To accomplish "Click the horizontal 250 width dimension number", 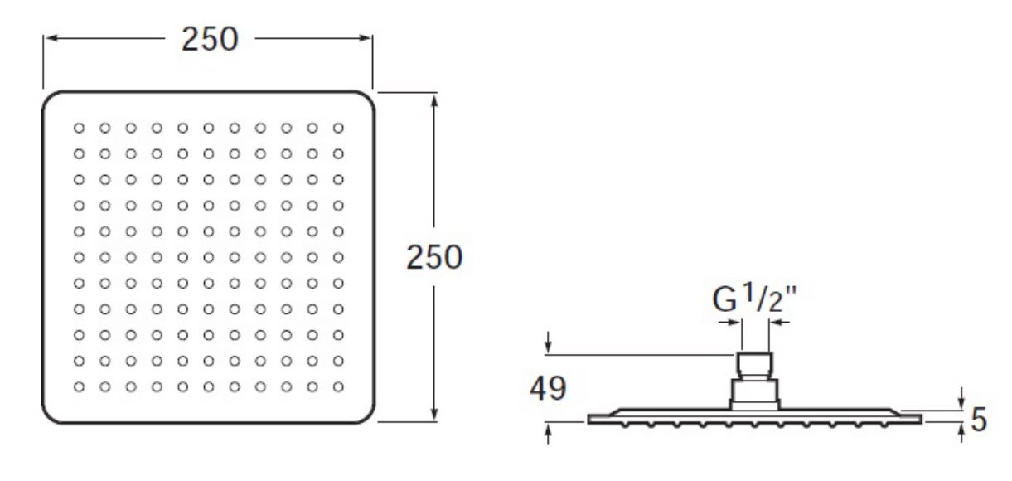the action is (210, 39).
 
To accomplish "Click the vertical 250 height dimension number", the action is (434, 257).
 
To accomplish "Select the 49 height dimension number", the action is (548, 388).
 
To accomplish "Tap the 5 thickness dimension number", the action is (979, 420).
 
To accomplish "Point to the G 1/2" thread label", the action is (754, 299).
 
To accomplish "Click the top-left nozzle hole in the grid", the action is (79, 128).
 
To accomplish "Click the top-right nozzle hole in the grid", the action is (338, 128).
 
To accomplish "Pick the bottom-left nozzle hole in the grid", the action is (79, 387).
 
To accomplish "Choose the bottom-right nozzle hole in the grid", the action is (338, 387).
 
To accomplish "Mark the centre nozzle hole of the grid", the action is (209, 257).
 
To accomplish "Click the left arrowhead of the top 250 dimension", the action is (51, 38).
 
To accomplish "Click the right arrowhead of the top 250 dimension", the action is (365, 38).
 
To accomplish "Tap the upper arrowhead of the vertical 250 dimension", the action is (434, 101).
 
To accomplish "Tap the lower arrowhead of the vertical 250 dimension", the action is (434, 414).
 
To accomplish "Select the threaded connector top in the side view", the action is (754, 364).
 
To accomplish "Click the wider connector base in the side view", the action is (754, 394).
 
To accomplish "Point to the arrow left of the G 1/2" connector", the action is (729, 323).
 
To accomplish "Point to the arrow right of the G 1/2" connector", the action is (779, 323).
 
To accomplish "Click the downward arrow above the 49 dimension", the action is (548, 343).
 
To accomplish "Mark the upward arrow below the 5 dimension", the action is (961, 433).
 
